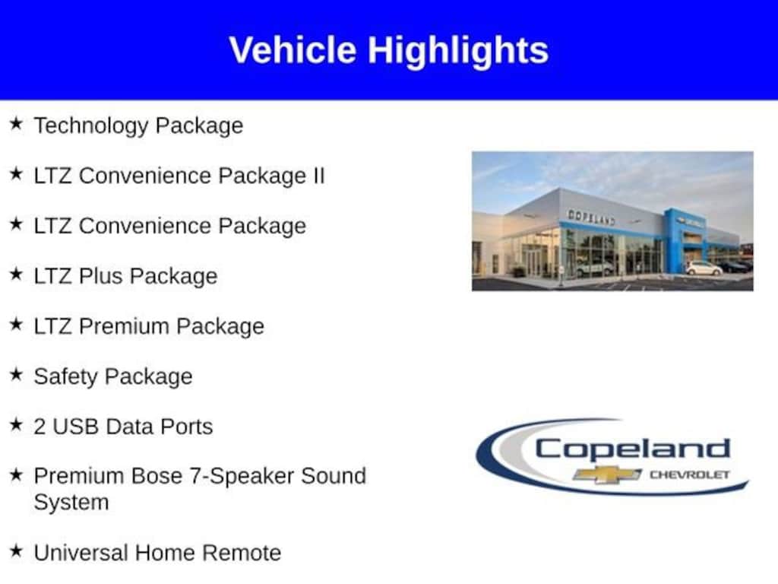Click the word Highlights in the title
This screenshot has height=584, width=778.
point(458,50)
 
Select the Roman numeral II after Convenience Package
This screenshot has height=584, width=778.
point(317,176)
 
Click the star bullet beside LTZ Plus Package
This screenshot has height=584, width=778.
point(16,274)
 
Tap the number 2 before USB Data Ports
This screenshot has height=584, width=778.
point(40,427)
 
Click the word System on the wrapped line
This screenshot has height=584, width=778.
point(71,503)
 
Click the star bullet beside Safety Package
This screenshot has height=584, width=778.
point(16,374)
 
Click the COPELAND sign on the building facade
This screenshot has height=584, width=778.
point(591,217)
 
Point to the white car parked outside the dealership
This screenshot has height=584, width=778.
point(704,268)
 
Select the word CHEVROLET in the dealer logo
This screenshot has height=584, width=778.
point(688,475)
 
